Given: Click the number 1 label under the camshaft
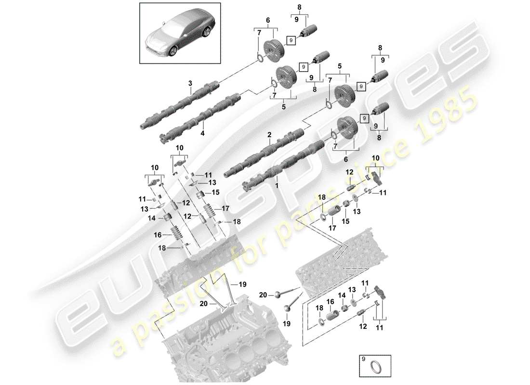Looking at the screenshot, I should [277, 184].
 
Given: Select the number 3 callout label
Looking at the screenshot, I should [190, 84].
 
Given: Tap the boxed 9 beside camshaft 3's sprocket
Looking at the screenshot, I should [291, 40].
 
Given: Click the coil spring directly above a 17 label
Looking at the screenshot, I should [333, 212].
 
